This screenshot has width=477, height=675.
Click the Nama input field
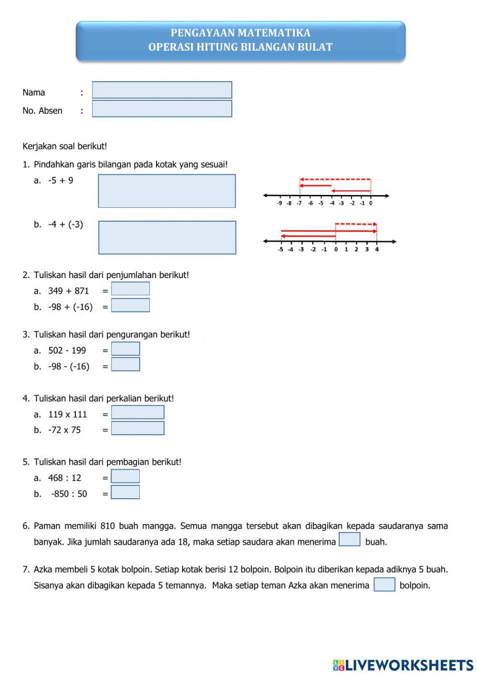162,90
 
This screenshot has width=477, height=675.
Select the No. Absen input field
162,108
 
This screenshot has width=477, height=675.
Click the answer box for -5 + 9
166,191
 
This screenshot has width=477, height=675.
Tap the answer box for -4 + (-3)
167,237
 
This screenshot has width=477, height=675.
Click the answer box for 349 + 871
130,289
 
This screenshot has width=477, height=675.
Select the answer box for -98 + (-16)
130,305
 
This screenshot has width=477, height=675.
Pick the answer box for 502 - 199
125,349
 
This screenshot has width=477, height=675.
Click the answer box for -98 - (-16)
125,364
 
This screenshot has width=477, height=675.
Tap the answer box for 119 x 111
137,412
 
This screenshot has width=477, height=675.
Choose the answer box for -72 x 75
137,428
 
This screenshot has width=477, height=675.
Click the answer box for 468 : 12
125,476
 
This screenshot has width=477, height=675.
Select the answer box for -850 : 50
125,492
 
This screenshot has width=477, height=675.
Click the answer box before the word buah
349,539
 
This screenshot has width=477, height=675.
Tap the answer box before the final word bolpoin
384,584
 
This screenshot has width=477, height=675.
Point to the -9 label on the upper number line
279,203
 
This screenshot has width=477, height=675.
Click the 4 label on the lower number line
377,249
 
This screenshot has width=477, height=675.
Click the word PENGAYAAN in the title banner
203,33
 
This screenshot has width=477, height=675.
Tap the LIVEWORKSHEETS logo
403,664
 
